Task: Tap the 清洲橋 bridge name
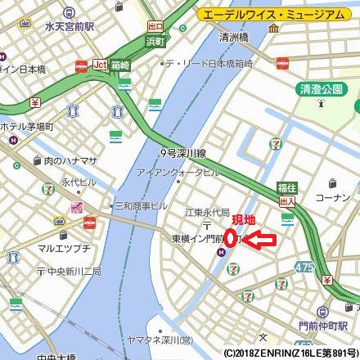233,38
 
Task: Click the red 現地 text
244,220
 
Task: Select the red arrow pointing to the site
259,240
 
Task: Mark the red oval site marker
231,238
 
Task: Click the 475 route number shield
305,267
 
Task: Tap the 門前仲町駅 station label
324,325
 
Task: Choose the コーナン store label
331,197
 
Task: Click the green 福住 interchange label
286,187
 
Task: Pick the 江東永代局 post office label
207,212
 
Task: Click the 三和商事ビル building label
140,205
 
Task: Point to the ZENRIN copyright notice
290,353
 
